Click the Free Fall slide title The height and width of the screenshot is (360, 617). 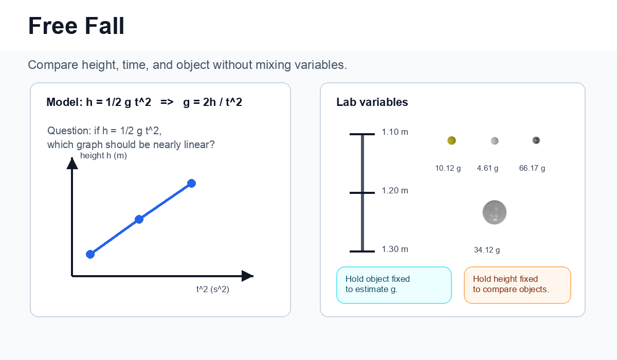click(x=76, y=26)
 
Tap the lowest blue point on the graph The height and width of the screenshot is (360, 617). click(x=90, y=254)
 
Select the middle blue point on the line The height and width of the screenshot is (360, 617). click(x=139, y=219)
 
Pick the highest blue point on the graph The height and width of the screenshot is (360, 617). click(x=191, y=183)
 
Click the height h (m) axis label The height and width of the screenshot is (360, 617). click(x=103, y=156)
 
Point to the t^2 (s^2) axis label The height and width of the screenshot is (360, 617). click(x=213, y=289)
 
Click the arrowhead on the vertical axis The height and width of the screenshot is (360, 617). click(x=72, y=164)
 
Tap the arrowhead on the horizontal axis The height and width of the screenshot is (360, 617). click(x=247, y=276)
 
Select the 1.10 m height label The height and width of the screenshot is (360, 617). click(x=395, y=132)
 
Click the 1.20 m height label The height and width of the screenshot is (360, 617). click(x=395, y=191)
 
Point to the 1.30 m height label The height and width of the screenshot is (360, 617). click(x=395, y=249)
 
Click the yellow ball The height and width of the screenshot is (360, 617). click(x=451, y=140)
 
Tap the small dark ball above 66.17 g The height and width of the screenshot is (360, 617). click(x=536, y=140)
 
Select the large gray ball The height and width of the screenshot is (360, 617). click(x=495, y=212)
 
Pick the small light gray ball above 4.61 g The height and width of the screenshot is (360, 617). click(x=495, y=141)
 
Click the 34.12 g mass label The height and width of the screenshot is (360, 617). click(x=487, y=250)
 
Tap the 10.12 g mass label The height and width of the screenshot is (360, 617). click(x=448, y=168)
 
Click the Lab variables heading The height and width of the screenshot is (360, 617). click(x=372, y=102)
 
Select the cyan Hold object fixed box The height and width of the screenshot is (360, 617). click(x=394, y=285)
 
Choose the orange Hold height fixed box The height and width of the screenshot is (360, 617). click(x=517, y=285)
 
